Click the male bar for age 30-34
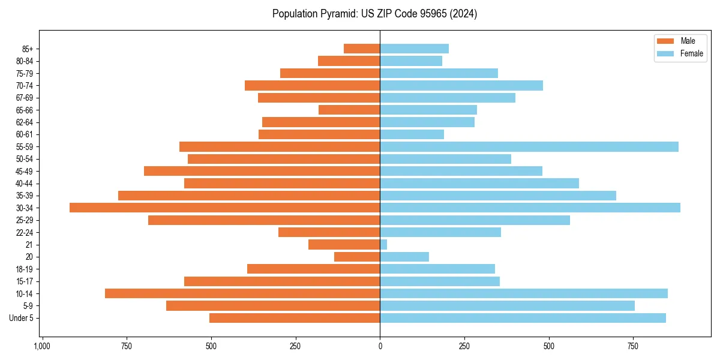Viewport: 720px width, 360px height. (225, 208)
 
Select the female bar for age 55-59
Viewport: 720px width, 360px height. (529, 146)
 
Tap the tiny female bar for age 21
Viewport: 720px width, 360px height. (383, 244)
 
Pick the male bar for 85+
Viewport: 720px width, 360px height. (362, 49)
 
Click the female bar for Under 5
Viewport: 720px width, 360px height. (523, 318)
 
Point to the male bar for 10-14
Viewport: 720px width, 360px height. (242, 293)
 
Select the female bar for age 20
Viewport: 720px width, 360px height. (404, 257)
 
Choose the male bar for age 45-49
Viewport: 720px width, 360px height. (262, 171)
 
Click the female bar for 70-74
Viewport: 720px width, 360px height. (461, 85)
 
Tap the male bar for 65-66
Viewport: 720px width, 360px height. (349, 110)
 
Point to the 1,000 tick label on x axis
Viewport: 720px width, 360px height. (42, 346)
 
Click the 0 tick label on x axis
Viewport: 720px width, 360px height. (380, 346)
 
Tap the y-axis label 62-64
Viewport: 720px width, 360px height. (25, 122)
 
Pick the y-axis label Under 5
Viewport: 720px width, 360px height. (22, 318)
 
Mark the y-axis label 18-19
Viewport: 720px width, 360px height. (25, 269)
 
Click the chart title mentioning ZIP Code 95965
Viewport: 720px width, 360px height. (374, 14)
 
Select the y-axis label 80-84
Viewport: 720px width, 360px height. (25, 61)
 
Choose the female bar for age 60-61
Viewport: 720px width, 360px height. (412, 134)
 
